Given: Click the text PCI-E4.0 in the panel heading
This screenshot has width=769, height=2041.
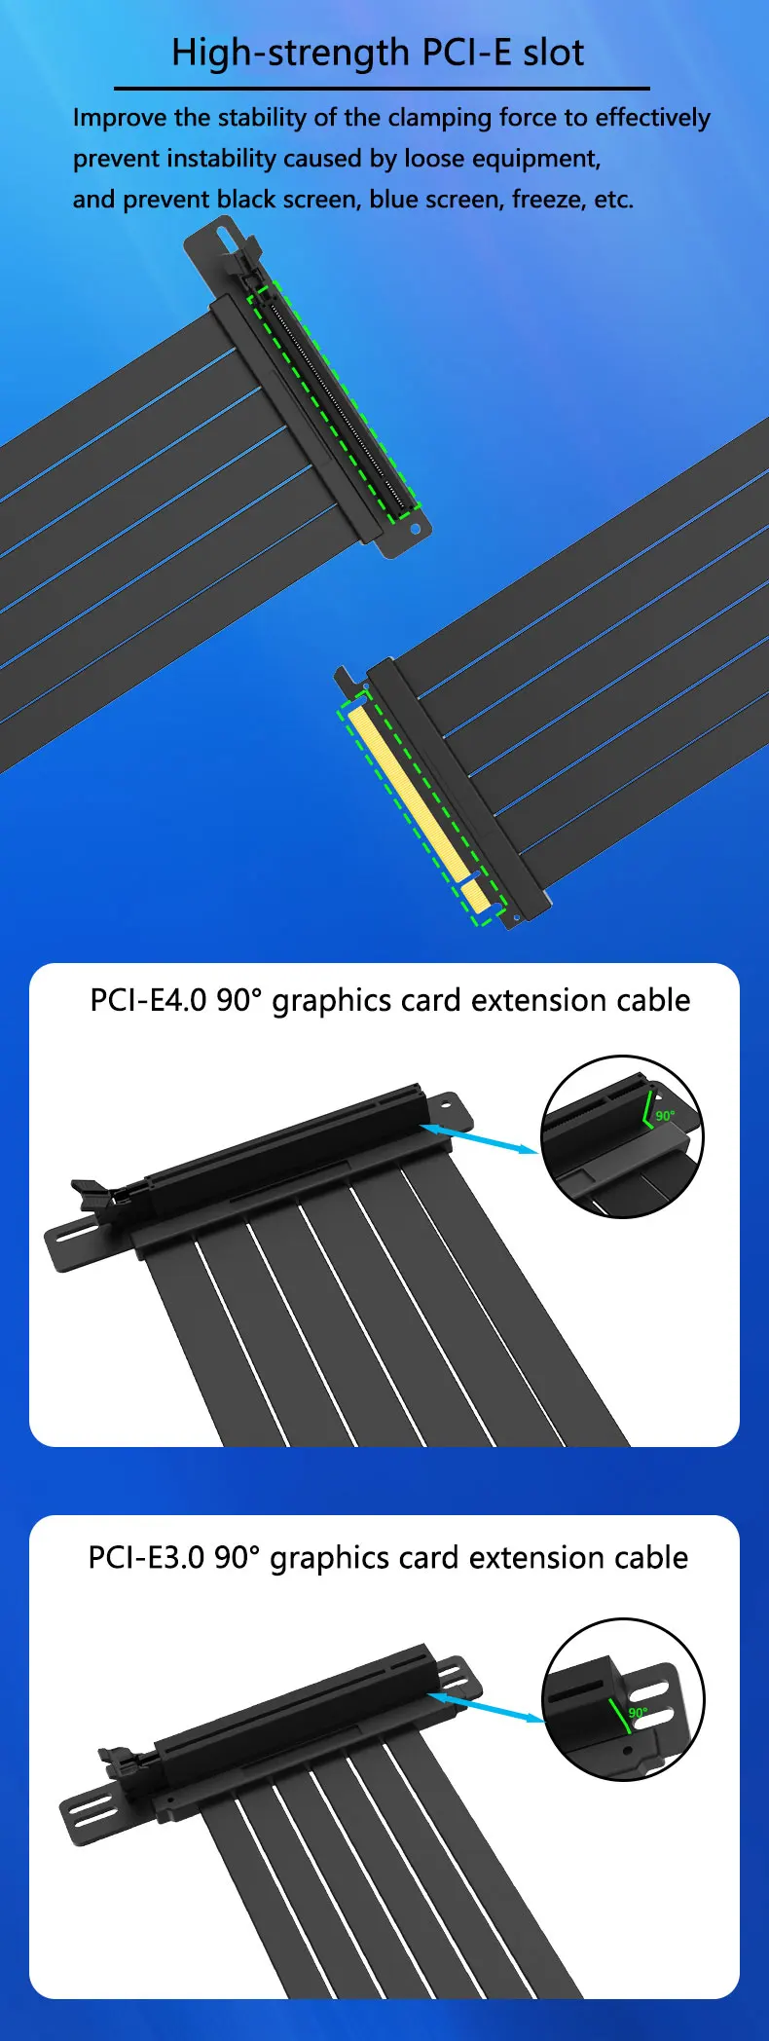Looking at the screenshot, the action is tap(148, 1000).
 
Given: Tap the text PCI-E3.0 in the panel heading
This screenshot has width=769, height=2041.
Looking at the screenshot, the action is tap(146, 1557).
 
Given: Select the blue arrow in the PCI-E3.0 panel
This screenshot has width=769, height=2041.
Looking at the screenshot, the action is tap(486, 1707).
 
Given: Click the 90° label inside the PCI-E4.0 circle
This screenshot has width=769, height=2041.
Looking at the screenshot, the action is tap(665, 1115).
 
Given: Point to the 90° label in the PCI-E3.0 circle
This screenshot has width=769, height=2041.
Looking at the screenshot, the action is tap(638, 1712).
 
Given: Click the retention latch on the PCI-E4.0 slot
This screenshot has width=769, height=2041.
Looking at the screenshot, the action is tap(93, 1194).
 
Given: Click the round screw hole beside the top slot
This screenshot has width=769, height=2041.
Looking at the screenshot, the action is tap(416, 530).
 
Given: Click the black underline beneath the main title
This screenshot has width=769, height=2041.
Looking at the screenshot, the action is tap(382, 88).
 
